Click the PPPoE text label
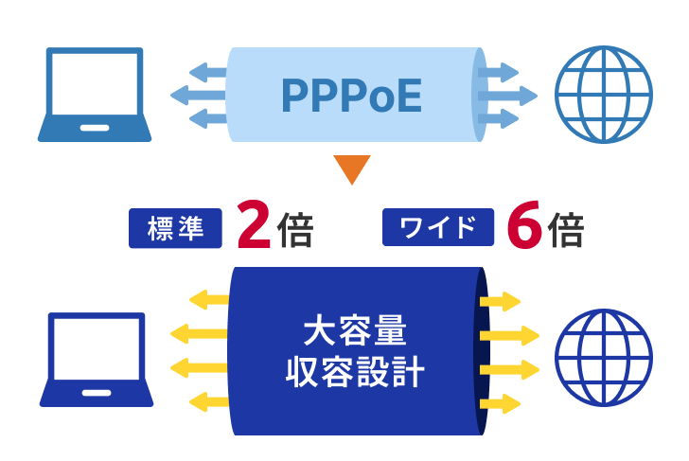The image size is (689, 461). coord(351,95)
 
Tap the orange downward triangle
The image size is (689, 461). coord(351,168)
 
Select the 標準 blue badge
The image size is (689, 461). coord(175,228)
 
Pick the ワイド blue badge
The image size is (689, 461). coord(438,227)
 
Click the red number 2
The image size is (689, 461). coord(254,224)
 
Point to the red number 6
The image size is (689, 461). coord(524,224)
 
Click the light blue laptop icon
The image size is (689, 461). coord(95,95)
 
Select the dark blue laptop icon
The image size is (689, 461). coord(97,360)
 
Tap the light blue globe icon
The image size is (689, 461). coord(603,95)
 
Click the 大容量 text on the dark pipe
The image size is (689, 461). coord(355,329)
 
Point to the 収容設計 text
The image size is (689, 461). coord(355,372)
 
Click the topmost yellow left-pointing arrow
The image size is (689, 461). coord(209,300)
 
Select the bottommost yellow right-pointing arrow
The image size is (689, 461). coord(500,404)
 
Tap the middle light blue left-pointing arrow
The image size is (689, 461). coord(199,95)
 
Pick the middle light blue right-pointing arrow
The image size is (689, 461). coord(507,96)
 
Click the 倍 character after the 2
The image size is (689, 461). coord(295,229)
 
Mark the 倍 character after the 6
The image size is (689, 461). coord(566,229)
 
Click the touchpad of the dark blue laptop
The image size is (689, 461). coord(97,393)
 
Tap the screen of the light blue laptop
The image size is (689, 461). coord(95,84)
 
